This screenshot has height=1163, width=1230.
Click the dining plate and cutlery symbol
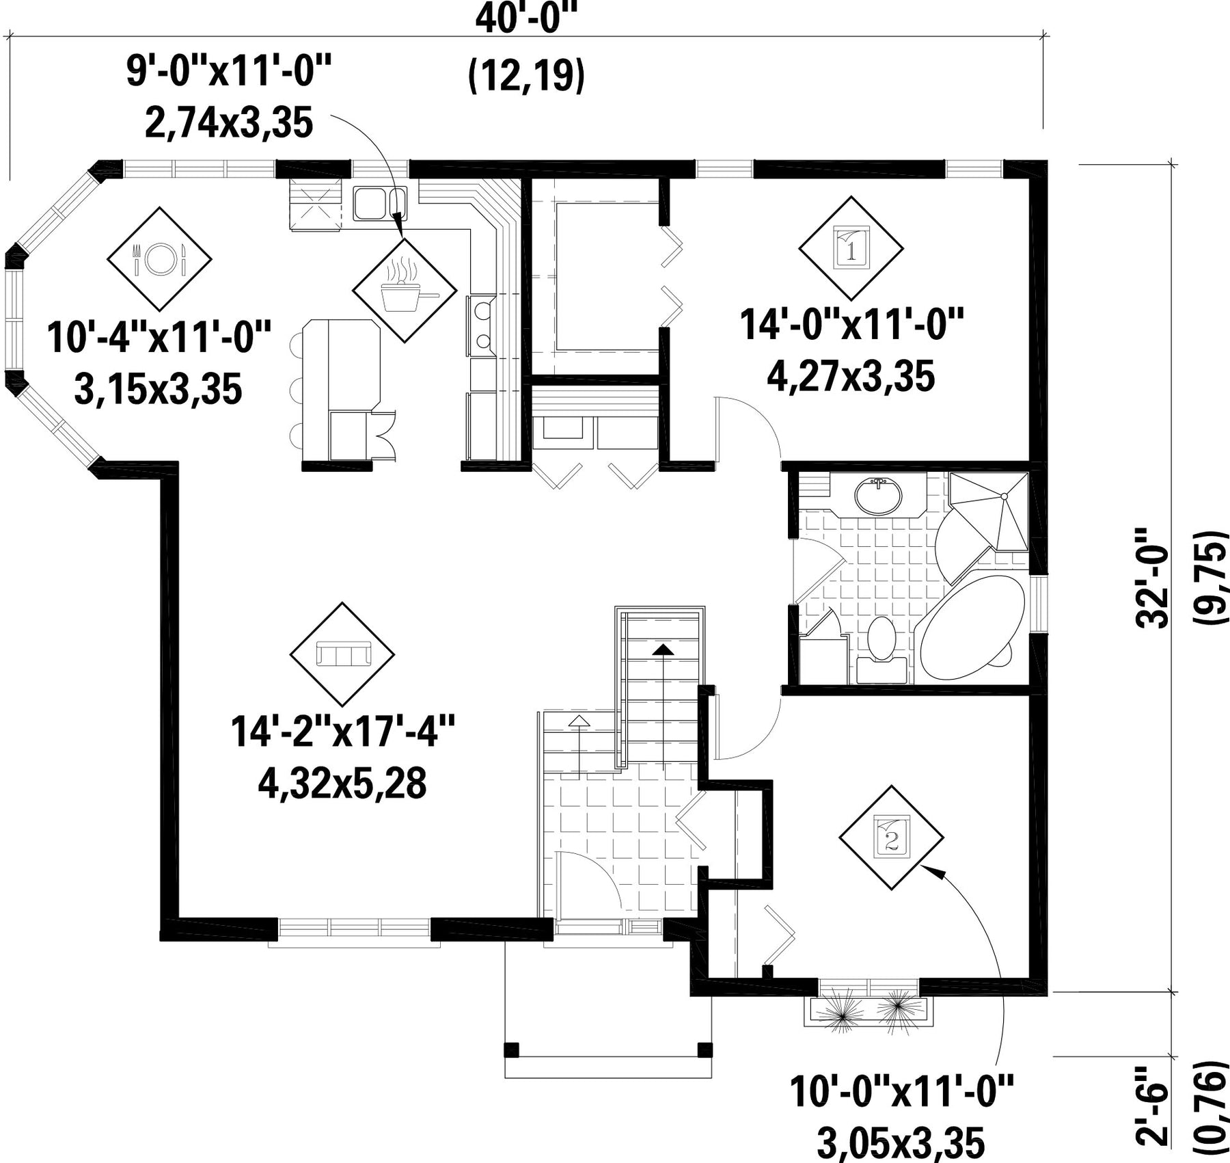coord(159,258)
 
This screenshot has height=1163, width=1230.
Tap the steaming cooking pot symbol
coord(404,290)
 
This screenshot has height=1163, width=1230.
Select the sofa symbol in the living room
coord(342,654)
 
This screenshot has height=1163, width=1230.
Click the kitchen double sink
coord(380,203)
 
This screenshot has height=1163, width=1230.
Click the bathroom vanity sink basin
coord(879,496)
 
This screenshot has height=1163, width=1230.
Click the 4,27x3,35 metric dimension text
coord(851,376)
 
